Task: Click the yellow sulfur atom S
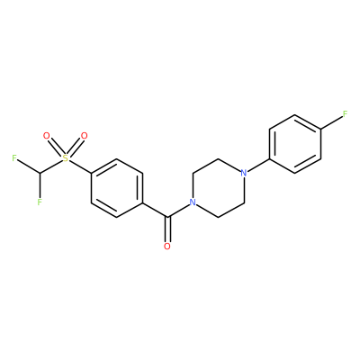[66, 158]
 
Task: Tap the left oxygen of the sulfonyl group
[46, 136]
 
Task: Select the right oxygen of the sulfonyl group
[85, 136]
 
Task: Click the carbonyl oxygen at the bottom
[167, 247]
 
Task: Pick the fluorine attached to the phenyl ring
[346, 114]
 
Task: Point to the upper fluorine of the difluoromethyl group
[14, 158]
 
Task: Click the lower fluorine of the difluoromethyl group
[40, 202]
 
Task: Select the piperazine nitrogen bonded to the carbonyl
[193, 202]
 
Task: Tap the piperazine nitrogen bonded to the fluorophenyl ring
[244, 173]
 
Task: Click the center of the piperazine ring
[219, 188]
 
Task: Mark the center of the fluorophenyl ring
[295, 144]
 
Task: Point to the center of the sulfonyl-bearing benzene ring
[116, 188]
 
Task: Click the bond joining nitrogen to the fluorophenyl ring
[259, 165]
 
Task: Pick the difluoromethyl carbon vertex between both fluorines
[40, 173]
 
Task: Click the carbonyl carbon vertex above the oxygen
[167, 217]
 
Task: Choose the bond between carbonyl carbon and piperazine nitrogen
[178, 211]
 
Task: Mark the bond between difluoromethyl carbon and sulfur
[51, 166]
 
